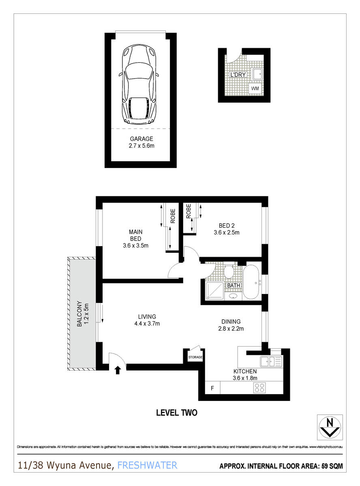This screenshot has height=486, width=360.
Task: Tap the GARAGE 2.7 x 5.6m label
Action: [141, 142]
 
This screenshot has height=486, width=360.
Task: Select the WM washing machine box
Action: [255, 88]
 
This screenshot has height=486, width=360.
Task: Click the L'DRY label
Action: [238, 75]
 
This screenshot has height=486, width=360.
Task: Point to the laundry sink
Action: [257, 74]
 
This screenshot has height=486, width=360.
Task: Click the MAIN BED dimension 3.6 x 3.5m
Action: [136, 245]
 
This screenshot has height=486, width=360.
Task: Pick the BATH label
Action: [234, 286]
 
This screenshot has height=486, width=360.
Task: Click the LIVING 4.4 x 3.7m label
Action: [147, 320]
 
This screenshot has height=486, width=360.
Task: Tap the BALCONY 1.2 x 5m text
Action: [83, 314]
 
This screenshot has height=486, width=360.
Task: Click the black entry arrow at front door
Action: [118, 369]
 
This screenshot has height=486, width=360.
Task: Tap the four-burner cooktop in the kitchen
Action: [259, 388]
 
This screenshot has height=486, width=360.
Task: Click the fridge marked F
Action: [212, 388]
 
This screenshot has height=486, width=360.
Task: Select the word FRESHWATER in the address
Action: [147, 465]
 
